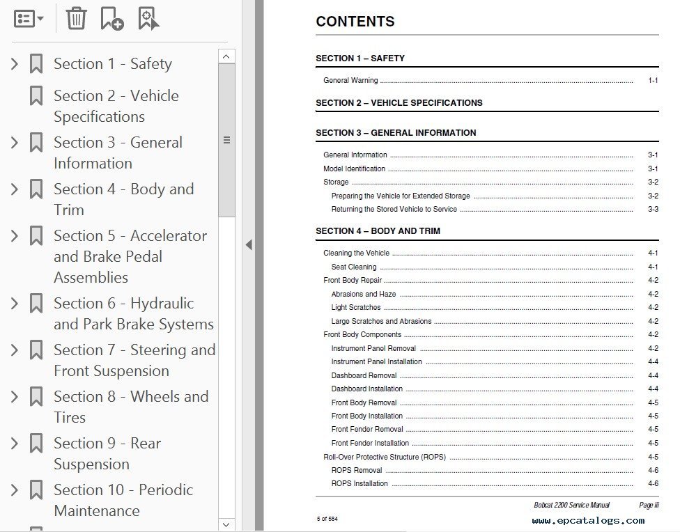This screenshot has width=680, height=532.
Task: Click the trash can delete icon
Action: tap(76, 18)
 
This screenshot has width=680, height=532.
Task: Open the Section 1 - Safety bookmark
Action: tap(112, 64)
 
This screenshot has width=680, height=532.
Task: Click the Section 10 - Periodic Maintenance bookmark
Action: tap(123, 500)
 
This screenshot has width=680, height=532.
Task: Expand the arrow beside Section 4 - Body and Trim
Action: tap(14, 189)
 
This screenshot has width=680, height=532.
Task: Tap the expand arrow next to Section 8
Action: tap(14, 397)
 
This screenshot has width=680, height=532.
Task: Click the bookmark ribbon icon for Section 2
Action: tap(36, 96)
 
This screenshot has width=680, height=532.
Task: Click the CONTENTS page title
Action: tap(355, 22)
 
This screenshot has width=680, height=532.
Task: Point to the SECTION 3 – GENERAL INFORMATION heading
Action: tap(396, 132)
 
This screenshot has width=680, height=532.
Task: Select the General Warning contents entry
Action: tap(350, 81)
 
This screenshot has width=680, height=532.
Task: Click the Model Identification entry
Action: tap(354, 169)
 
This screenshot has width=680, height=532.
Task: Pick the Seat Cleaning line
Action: tap(353, 267)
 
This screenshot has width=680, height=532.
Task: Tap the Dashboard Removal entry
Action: tap(364, 375)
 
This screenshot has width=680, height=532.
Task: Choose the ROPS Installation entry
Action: tap(360, 483)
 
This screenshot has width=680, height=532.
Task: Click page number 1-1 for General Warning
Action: tap(653, 81)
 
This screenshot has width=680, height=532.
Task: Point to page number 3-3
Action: tap(653, 209)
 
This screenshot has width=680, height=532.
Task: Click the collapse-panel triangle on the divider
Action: tap(249, 244)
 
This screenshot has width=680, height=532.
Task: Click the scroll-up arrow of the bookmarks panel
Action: tap(226, 56)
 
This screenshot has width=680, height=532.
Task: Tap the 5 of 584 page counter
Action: tap(327, 518)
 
